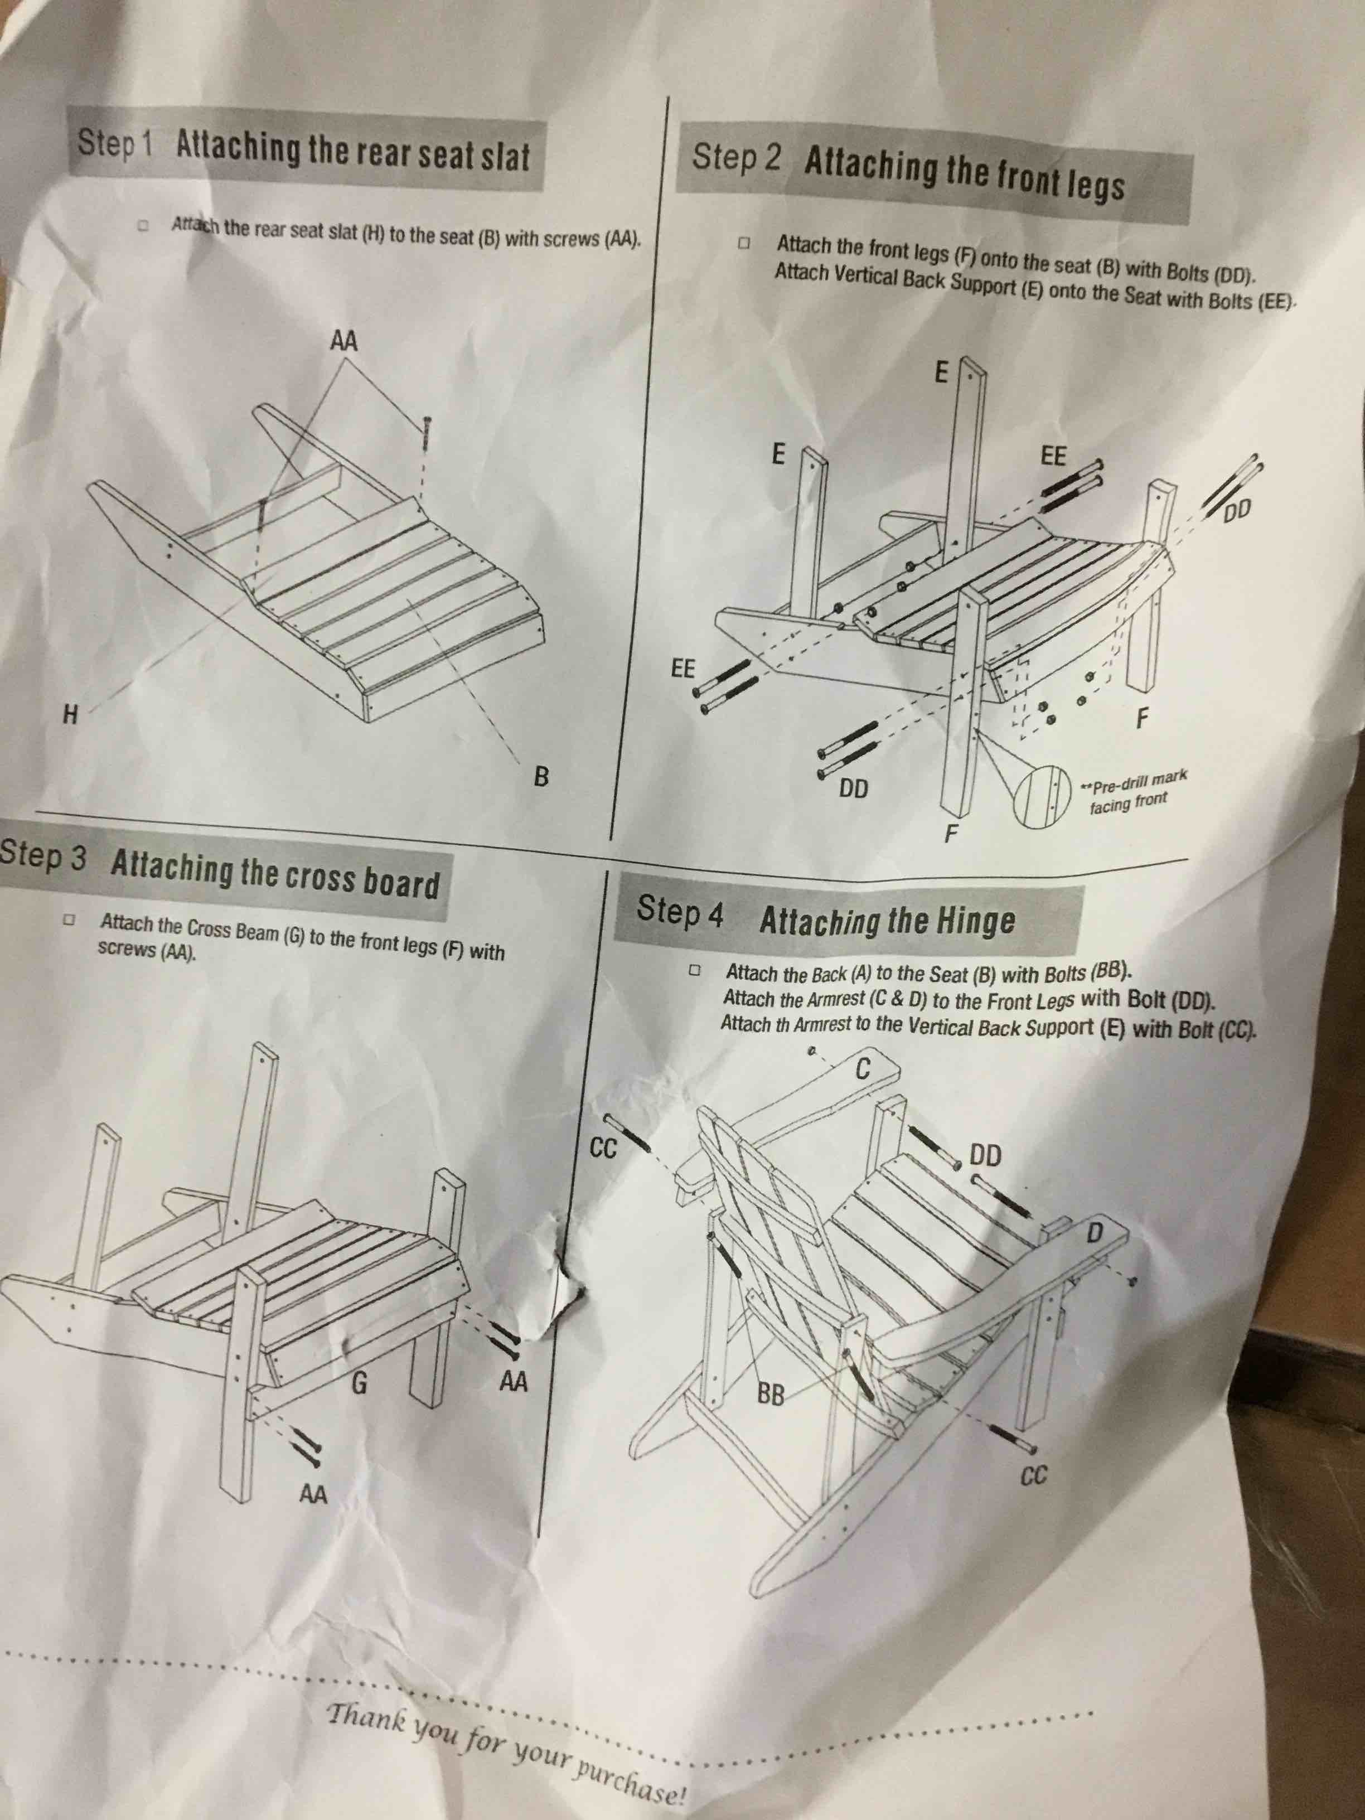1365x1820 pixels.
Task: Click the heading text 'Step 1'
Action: click(x=115, y=142)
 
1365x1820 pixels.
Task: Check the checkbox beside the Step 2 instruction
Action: click(x=744, y=244)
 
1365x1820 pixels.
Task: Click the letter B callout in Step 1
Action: click(x=540, y=776)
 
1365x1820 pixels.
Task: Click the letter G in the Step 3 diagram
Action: click(x=359, y=1385)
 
